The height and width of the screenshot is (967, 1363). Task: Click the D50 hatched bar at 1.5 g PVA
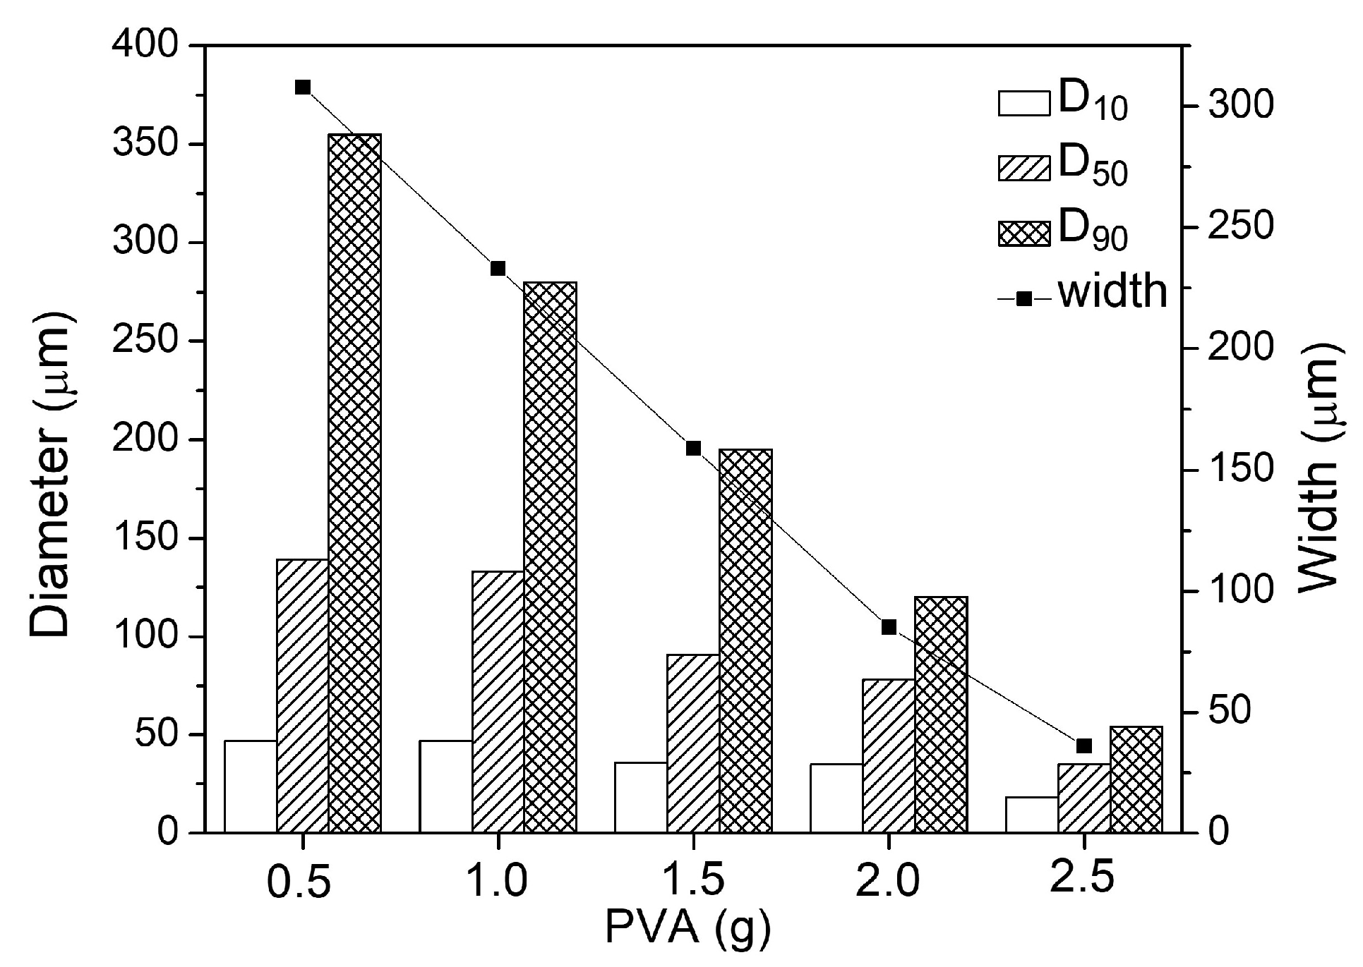pos(693,743)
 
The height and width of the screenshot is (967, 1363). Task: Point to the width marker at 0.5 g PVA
pos(303,87)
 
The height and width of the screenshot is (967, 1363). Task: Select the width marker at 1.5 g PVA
pos(693,449)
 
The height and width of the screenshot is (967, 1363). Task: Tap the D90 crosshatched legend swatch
pos(1024,235)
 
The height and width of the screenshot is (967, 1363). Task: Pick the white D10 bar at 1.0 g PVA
pos(445,786)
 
